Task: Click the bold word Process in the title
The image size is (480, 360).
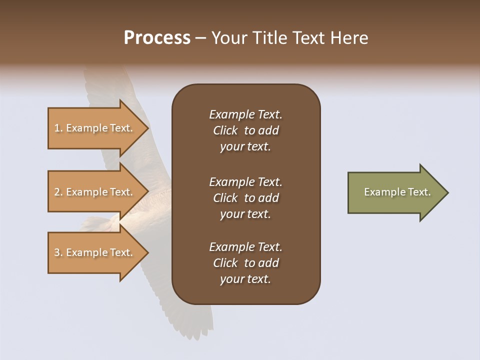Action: (157, 38)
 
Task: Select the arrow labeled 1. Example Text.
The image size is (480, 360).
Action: (95, 128)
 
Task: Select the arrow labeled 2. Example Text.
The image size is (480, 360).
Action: (95, 192)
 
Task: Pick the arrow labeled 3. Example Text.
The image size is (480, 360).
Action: (95, 252)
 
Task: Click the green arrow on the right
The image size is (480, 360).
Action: (395, 192)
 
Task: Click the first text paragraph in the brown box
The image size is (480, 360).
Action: (245, 130)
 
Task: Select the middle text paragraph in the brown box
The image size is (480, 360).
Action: (245, 198)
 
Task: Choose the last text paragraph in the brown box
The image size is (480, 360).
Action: (245, 263)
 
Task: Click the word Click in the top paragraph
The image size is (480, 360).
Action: (225, 130)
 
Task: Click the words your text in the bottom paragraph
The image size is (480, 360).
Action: (245, 279)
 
